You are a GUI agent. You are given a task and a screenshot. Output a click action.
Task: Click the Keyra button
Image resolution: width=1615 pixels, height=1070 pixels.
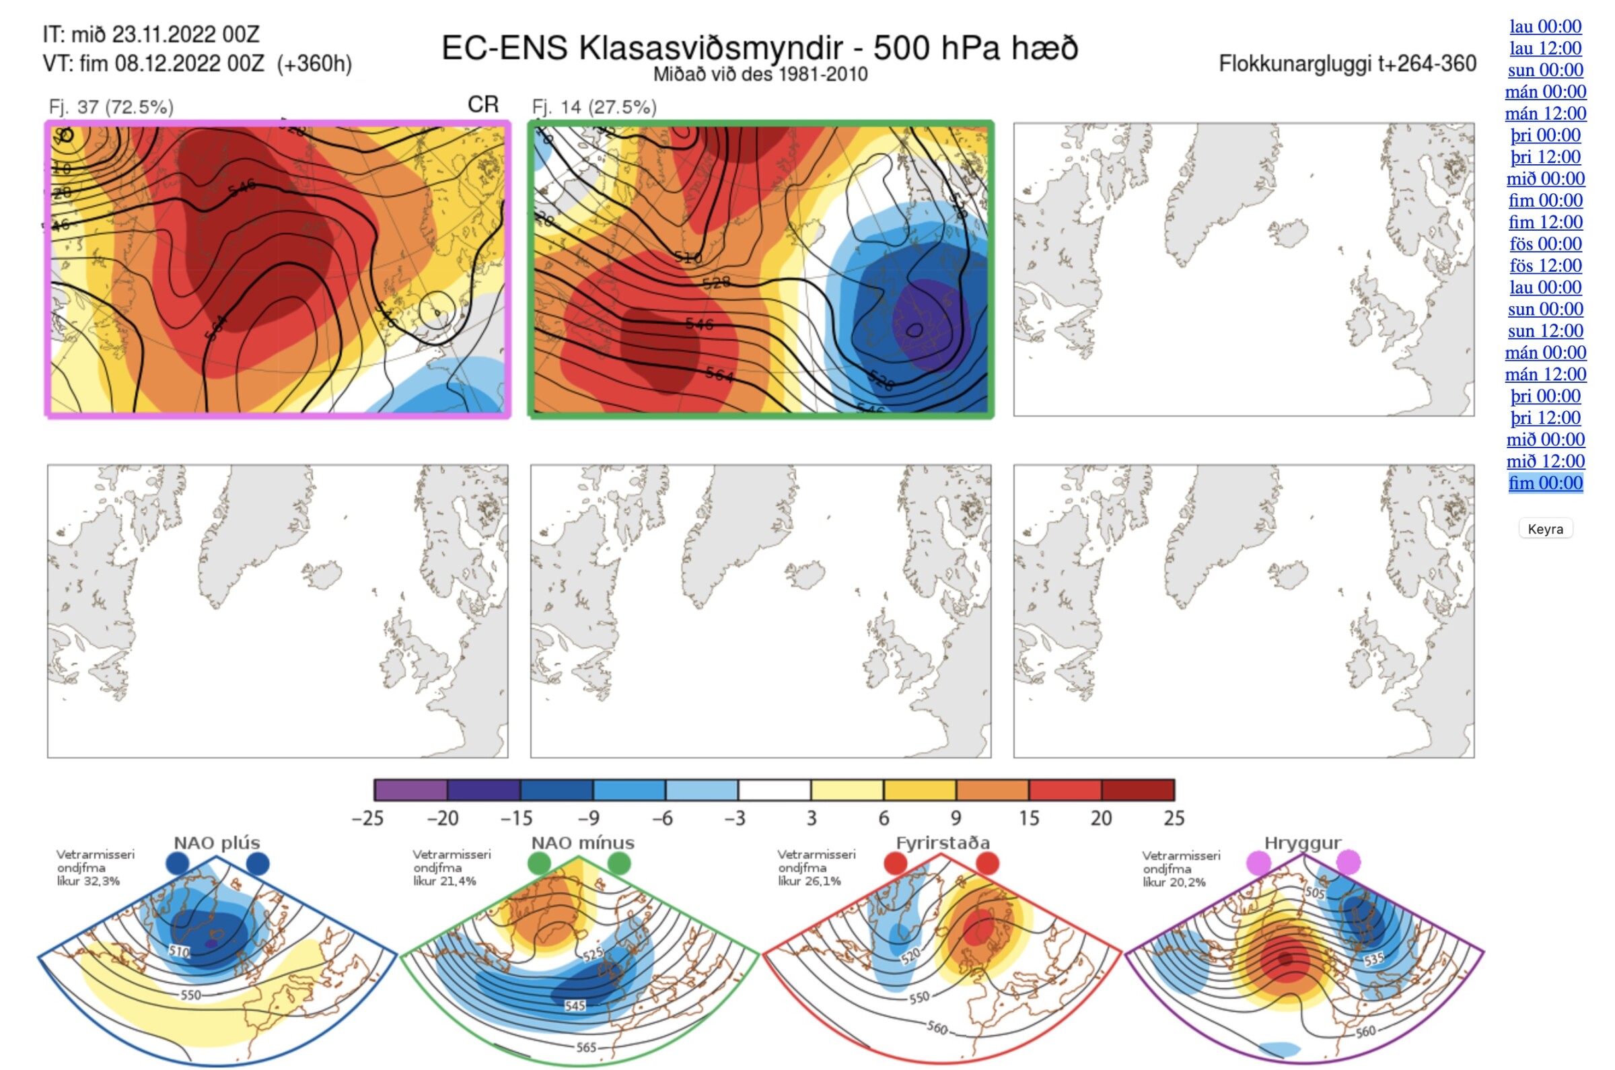pos(1545,529)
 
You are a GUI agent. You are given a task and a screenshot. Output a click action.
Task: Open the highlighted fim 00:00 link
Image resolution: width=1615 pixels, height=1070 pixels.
pos(1545,483)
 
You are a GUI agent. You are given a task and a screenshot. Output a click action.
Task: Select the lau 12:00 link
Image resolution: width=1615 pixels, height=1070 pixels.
pos(1545,48)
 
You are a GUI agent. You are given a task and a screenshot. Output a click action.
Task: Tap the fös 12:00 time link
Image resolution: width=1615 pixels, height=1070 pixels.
pos(1545,265)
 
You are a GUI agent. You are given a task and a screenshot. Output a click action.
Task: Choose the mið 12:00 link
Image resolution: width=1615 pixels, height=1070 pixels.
pos(1545,461)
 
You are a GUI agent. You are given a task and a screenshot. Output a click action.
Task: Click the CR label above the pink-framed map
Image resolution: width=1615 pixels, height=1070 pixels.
pos(483,104)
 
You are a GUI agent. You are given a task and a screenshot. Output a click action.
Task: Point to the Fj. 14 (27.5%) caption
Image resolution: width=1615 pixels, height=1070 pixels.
pos(594,107)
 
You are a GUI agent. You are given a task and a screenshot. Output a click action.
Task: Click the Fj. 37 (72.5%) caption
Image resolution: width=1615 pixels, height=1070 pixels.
pos(110,107)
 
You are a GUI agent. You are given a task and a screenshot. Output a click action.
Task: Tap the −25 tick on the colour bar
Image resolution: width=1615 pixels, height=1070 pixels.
pos(368,818)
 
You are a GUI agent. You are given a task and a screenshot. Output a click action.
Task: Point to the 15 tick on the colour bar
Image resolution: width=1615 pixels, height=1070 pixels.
pos(1029,818)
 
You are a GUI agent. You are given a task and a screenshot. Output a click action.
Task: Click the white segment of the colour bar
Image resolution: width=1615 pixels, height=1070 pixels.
pos(775,790)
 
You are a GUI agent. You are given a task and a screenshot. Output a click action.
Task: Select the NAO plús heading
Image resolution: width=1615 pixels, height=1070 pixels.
pos(217,843)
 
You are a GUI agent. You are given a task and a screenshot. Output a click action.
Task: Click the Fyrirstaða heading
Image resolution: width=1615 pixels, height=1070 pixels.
pos(942,843)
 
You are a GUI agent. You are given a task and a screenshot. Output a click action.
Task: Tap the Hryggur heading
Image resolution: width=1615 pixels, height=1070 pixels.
pos(1303,843)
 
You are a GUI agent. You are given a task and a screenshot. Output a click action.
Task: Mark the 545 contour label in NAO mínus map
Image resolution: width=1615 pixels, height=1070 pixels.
pos(575,1005)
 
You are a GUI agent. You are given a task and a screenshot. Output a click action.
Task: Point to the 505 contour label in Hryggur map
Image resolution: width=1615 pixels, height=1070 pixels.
pos(1314,893)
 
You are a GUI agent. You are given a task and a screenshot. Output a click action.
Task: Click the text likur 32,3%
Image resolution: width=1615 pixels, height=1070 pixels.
pos(88,881)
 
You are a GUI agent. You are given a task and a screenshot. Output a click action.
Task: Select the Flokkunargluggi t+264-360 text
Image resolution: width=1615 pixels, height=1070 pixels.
pos(1347,64)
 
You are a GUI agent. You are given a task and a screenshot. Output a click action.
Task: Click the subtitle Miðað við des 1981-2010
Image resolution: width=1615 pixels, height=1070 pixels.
pos(760,75)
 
